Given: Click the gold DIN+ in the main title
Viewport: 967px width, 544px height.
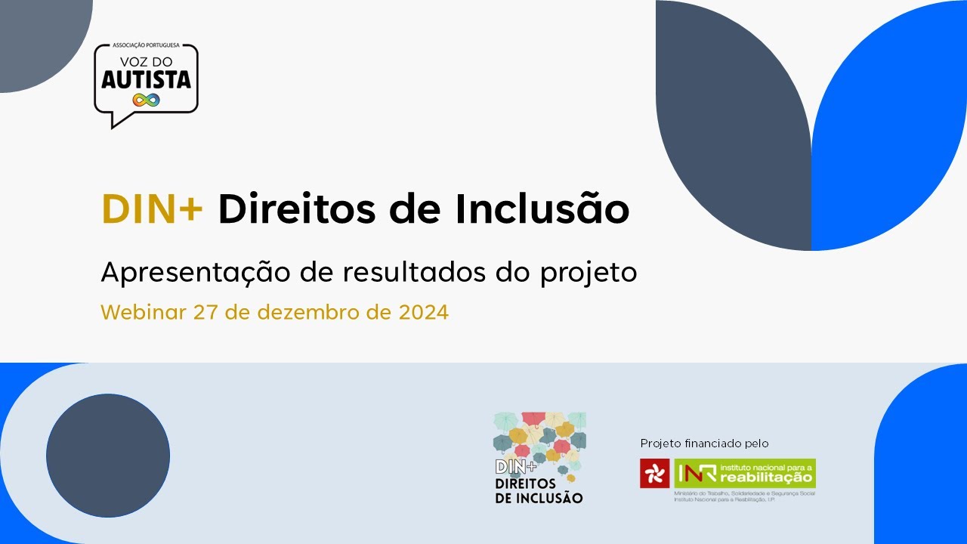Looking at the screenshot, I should pyautogui.click(x=152, y=209).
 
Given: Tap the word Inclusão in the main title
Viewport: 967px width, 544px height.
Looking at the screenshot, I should pyautogui.click(x=542, y=209).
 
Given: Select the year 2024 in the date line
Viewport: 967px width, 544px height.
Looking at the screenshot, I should pyautogui.click(x=424, y=312).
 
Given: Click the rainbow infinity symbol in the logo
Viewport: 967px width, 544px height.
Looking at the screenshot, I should pyautogui.click(x=146, y=100).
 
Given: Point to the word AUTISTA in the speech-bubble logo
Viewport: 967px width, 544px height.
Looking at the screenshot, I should pyautogui.click(x=146, y=80).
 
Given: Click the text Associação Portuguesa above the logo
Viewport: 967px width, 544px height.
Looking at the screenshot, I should pyautogui.click(x=146, y=46).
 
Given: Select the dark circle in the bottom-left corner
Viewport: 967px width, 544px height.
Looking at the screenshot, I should pyautogui.click(x=108, y=456).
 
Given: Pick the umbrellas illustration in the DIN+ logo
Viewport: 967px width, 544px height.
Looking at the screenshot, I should pyautogui.click(x=539, y=442).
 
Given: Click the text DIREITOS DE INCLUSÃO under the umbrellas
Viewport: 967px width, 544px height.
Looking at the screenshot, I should pyautogui.click(x=539, y=491).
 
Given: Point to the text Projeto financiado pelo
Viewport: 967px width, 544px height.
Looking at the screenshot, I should pyautogui.click(x=704, y=444).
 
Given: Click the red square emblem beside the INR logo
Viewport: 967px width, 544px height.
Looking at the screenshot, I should pyautogui.click(x=655, y=474).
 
